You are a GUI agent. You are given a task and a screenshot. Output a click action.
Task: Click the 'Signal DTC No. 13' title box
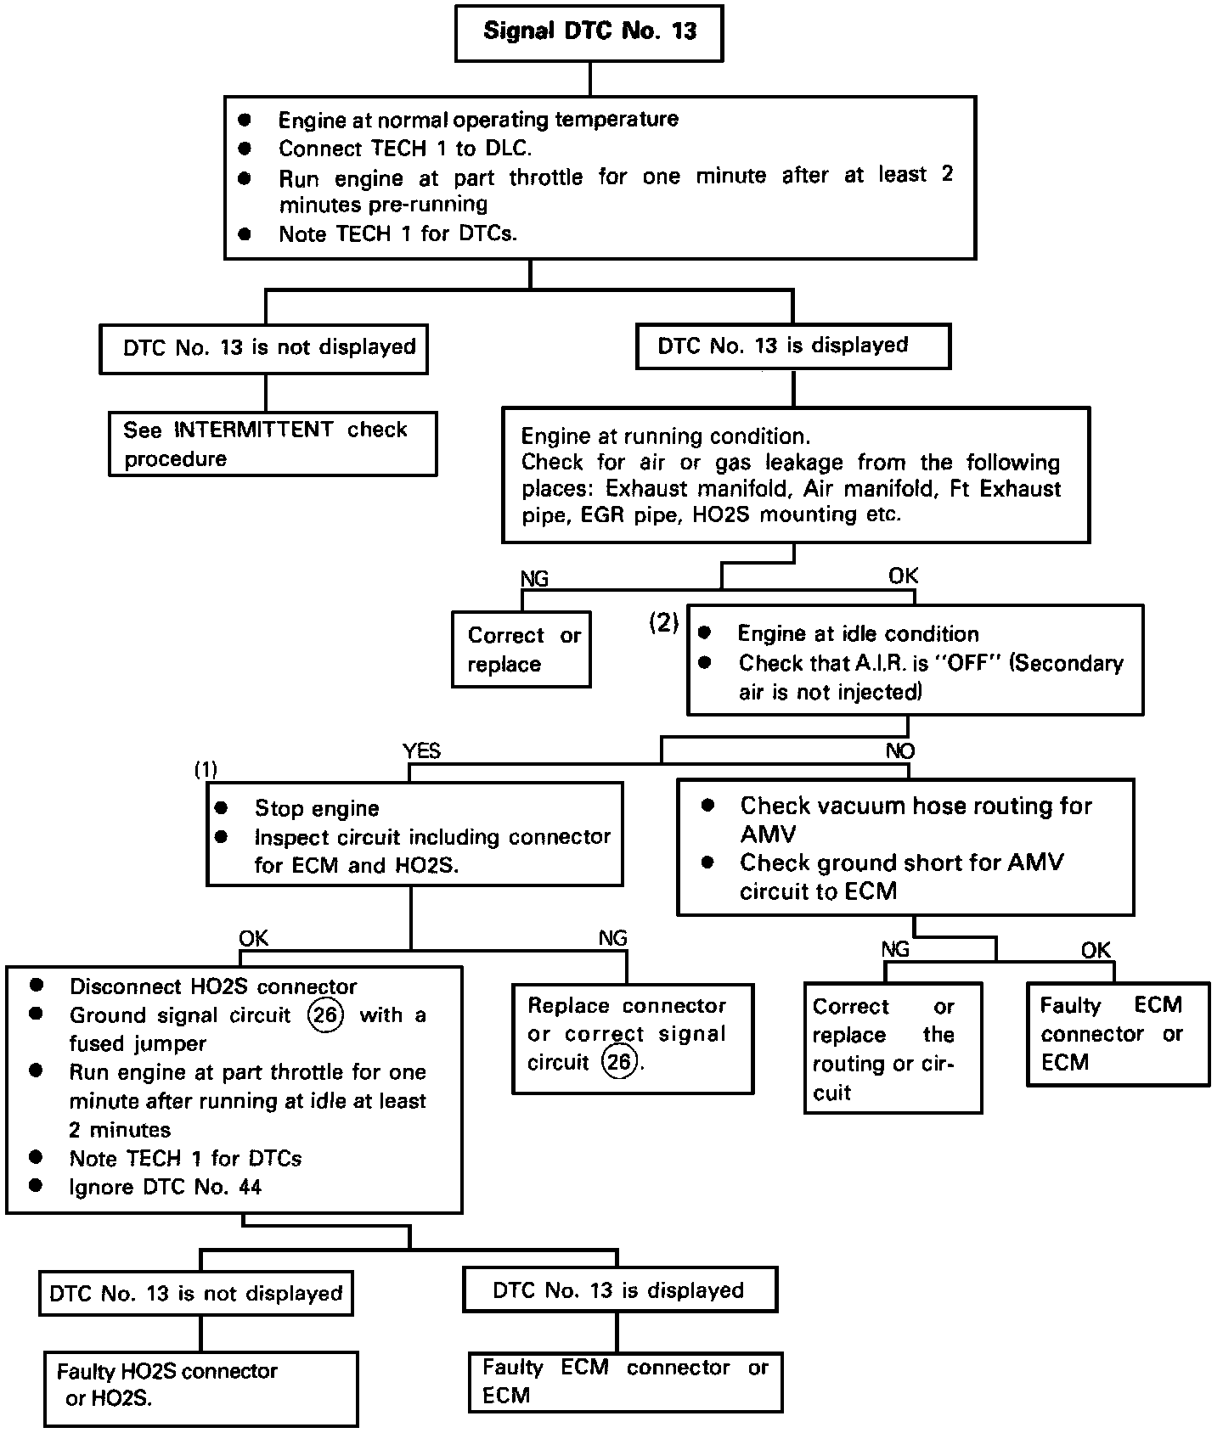click(589, 33)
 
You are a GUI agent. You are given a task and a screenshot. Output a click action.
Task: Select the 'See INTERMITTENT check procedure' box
click(273, 444)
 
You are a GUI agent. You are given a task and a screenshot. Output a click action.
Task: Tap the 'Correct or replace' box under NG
click(521, 649)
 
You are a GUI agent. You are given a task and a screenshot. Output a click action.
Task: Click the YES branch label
click(421, 750)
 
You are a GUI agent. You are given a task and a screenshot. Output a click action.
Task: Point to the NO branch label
click(900, 751)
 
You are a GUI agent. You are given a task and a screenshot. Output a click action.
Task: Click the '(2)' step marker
click(664, 623)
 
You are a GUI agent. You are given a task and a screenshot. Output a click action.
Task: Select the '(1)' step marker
click(206, 770)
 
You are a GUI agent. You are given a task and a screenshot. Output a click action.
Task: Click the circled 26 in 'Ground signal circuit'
click(325, 1015)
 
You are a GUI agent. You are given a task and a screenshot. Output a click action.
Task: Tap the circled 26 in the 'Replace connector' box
click(619, 1062)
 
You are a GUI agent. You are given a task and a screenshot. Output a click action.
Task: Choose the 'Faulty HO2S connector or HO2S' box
click(201, 1388)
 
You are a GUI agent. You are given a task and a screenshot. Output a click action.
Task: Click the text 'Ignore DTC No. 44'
click(165, 1187)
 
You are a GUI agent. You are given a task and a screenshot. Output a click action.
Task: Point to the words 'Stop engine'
click(317, 808)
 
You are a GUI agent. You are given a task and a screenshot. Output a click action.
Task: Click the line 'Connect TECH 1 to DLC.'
click(404, 149)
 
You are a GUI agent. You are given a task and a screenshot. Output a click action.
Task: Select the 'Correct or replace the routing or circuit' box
click(893, 1048)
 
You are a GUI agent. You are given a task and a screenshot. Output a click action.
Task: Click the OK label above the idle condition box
click(903, 576)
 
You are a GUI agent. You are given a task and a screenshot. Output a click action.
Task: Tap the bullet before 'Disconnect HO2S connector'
click(37, 986)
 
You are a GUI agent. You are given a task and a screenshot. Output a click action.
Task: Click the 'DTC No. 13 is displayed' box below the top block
click(792, 346)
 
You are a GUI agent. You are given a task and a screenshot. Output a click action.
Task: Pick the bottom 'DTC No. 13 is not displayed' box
click(196, 1293)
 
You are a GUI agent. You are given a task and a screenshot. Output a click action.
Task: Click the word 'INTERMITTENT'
click(254, 430)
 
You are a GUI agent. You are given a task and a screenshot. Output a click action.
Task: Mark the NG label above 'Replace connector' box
click(612, 938)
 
